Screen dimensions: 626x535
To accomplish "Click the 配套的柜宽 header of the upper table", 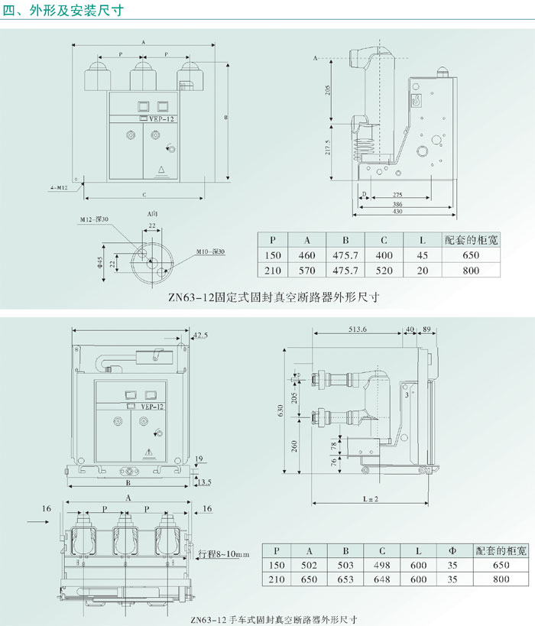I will [x=471, y=240].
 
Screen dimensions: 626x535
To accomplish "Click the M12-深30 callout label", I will [x=94, y=220].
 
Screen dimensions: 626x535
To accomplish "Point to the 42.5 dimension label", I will [x=200, y=336].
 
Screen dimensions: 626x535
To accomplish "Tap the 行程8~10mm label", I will [x=224, y=554].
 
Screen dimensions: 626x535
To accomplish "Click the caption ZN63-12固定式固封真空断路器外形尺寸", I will [x=274, y=297].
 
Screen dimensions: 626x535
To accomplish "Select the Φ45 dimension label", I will [x=100, y=263].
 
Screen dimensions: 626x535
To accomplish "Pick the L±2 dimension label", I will [x=370, y=498].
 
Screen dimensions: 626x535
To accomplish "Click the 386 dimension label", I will [x=397, y=205].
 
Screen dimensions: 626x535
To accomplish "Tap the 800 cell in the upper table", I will [x=471, y=271].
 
